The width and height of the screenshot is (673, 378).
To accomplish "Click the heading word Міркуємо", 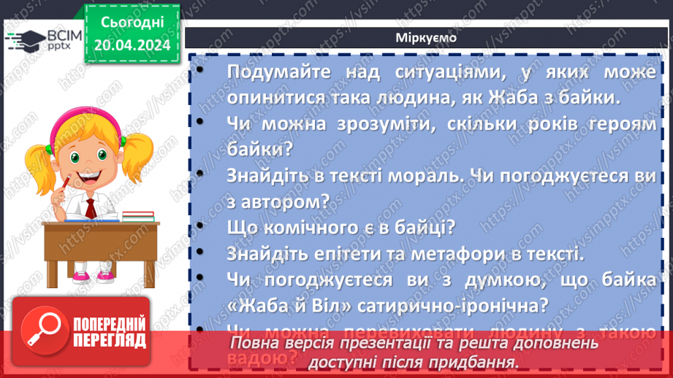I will pos(426,38).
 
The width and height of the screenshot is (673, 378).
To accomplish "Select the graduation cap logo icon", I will pos(23,40).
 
